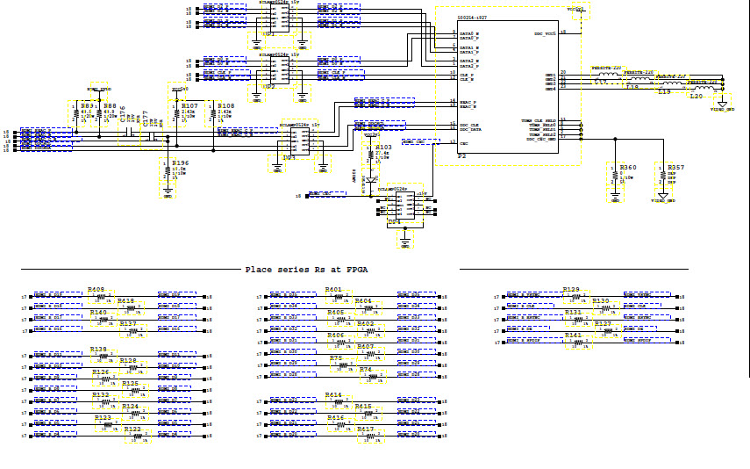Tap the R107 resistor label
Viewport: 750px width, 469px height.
189,105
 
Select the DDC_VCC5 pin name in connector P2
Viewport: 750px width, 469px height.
545,34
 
